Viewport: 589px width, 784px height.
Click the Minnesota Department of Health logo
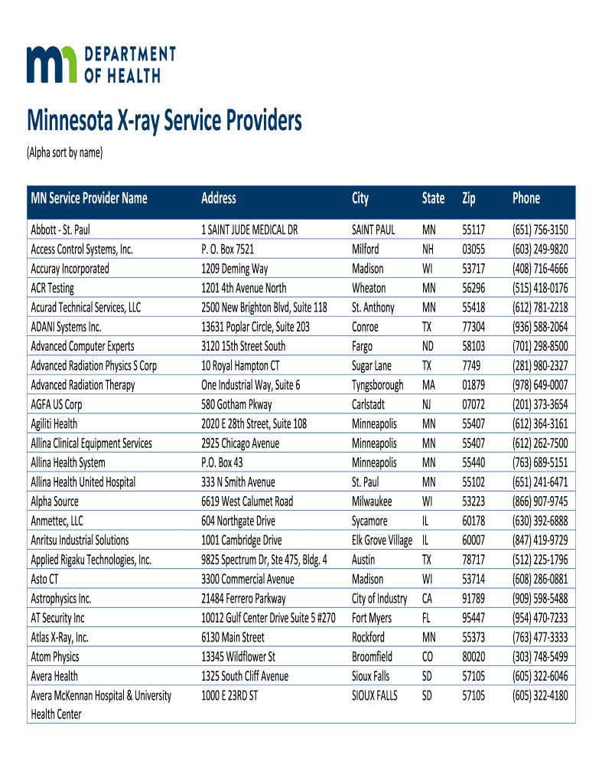click(x=102, y=64)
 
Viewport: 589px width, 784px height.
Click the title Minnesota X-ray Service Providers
click(x=164, y=121)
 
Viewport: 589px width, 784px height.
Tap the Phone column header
click(x=526, y=198)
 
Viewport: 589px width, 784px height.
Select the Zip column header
click(x=469, y=198)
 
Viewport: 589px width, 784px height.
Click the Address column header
click(x=219, y=198)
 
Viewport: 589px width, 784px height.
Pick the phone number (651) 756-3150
click(x=540, y=229)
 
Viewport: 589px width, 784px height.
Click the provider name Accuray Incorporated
click(x=70, y=268)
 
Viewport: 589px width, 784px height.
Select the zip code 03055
click(x=473, y=249)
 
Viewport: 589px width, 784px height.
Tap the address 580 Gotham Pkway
click(x=236, y=404)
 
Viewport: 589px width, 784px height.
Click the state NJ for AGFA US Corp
click(x=428, y=404)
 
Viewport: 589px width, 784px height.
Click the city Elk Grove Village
click(x=382, y=541)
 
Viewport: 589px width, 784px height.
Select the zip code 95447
click(x=473, y=618)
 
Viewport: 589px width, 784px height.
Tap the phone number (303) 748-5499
click(x=540, y=657)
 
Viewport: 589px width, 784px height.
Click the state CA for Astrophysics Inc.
click(x=428, y=599)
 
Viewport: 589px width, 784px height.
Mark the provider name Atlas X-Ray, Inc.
click(x=60, y=637)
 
